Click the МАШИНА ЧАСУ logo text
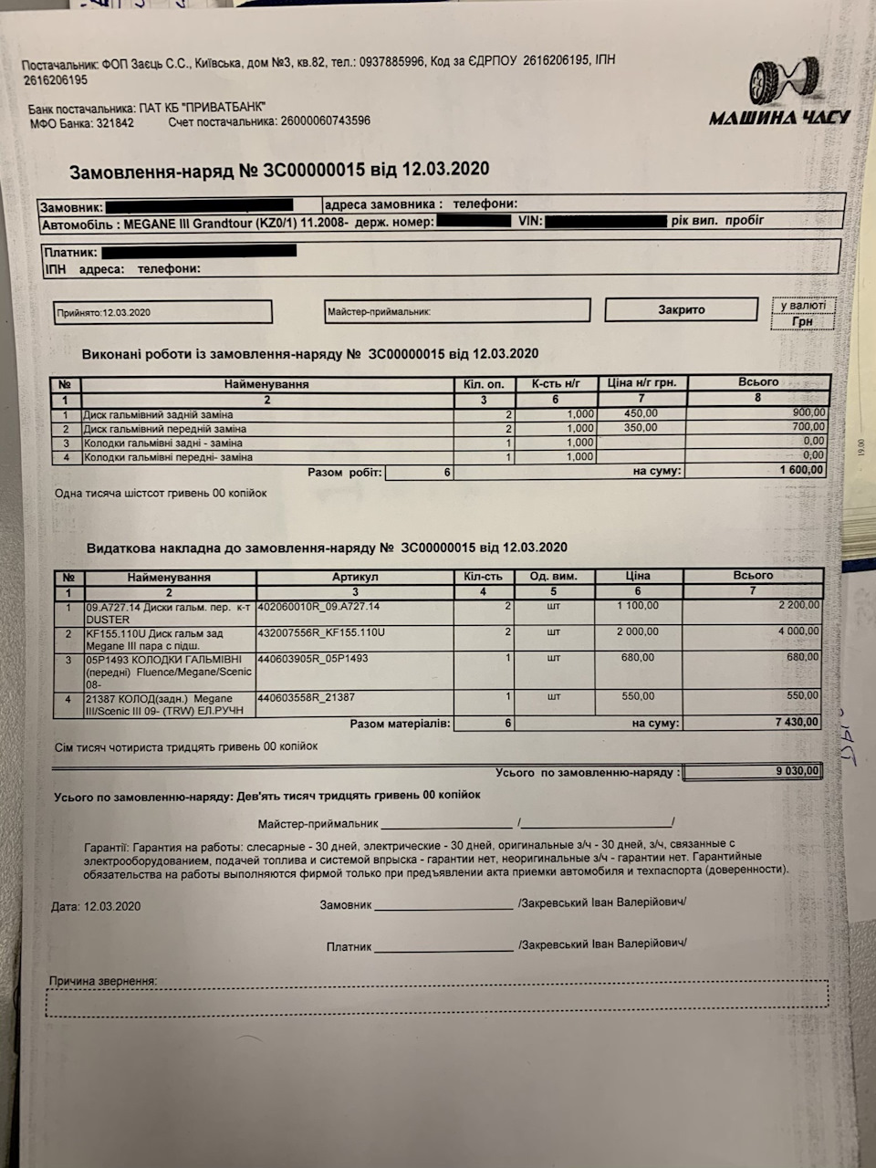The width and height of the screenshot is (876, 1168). tap(779, 117)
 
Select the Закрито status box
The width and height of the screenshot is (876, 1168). tap(681, 310)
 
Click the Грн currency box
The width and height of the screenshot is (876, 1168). tap(802, 322)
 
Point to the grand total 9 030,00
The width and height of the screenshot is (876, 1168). tap(754, 772)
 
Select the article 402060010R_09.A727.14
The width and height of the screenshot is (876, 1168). tap(319, 606)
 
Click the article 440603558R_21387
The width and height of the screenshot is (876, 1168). tap(308, 697)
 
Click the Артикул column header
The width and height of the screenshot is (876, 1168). tap(355, 577)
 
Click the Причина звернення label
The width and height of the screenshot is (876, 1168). tap(103, 981)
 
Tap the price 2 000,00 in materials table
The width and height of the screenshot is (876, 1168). tap(638, 631)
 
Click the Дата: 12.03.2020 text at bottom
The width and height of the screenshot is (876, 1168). tap(96, 906)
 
